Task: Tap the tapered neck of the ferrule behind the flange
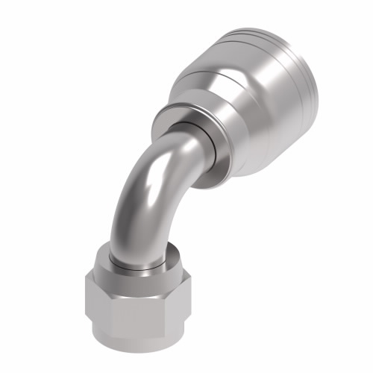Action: (x=205, y=104)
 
